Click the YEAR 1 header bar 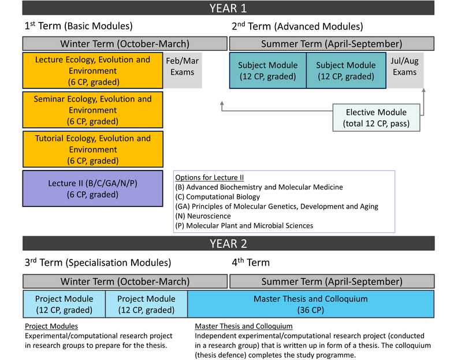tap(228, 8)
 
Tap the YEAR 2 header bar tap(229, 243)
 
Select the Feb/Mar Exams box tap(183, 70)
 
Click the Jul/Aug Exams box tap(405, 70)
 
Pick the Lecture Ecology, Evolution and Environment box tap(92, 70)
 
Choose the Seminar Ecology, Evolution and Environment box tap(92, 110)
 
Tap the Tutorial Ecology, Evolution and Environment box tap(92, 149)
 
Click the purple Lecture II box tap(92, 188)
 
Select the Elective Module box tap(376, 117)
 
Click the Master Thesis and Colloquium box tap(311, 304)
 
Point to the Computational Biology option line tap(217, 196)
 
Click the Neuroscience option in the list tap(203, 216)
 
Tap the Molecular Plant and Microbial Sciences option tap(244, 225)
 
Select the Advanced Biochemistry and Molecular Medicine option tap(259, 187)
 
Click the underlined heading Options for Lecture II tap(209, 177)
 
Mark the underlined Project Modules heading tap(51, 326)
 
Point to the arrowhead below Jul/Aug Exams tap(423, 90)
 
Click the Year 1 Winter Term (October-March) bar tap(125, 44)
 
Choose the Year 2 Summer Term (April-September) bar tap(332, 281)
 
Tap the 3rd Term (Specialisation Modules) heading tap(98, 262)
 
